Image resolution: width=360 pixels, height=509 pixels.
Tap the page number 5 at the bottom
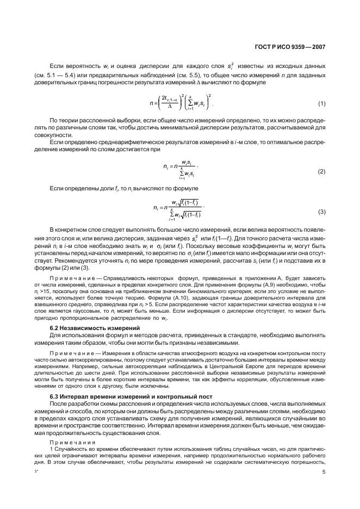pos(324,473)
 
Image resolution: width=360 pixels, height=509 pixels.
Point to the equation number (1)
pos(321,103)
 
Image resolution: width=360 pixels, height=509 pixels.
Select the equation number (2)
pos(321,171)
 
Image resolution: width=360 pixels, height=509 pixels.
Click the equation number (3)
pos(321,211)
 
